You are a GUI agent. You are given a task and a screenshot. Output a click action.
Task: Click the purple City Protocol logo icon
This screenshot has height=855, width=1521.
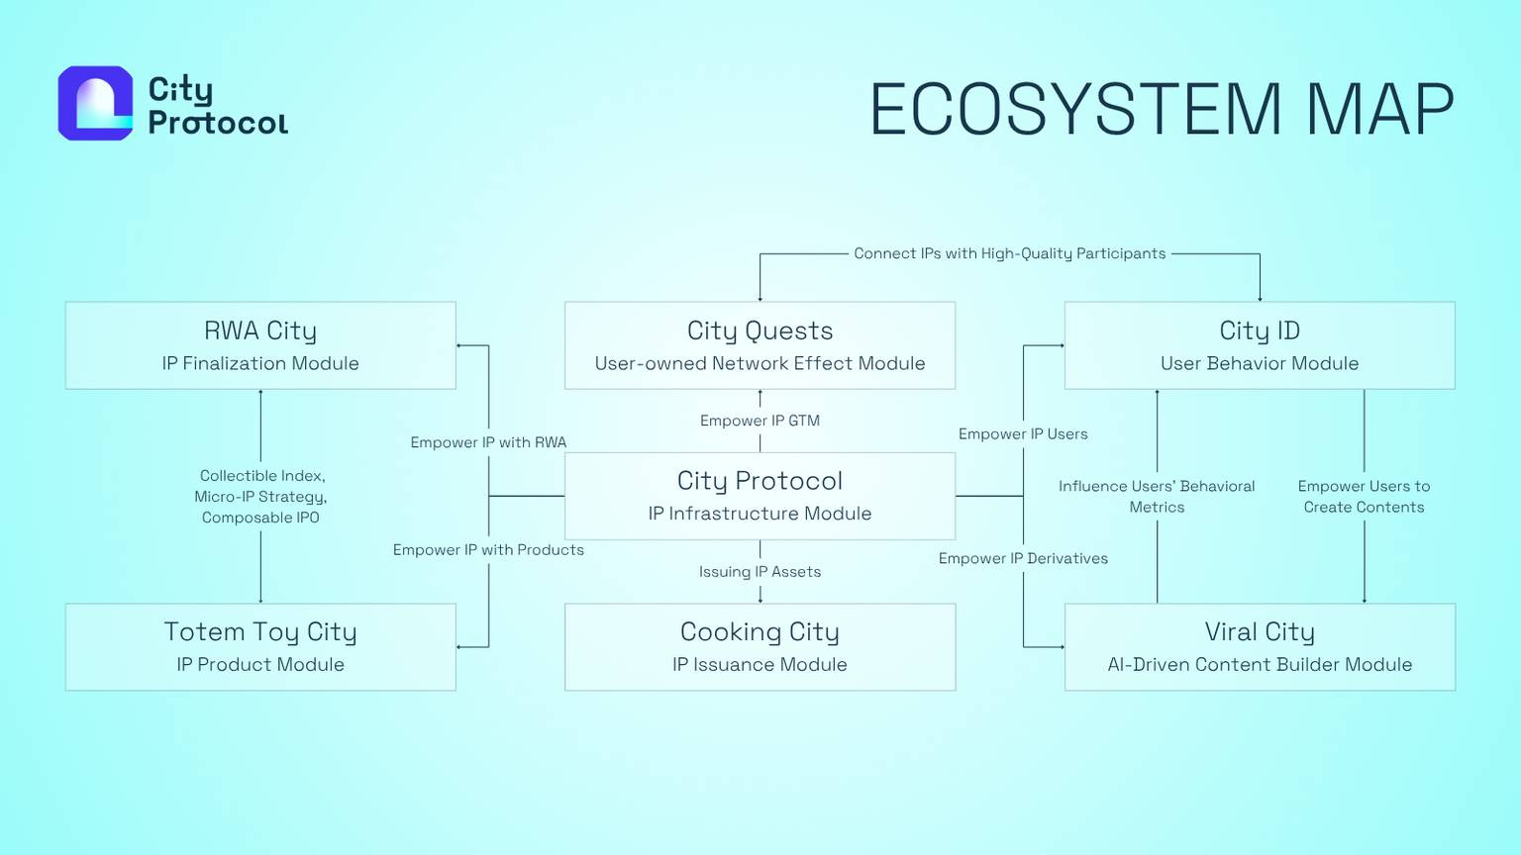tap(95, 103)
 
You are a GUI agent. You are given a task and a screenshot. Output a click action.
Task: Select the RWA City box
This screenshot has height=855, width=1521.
tap(260, 345)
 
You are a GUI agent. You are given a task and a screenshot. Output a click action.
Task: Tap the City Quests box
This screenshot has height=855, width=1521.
tap(760, 345)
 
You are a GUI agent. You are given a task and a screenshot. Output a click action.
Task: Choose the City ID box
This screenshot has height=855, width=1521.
tap(1259, 345)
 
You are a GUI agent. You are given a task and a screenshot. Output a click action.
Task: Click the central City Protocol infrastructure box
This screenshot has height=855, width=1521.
tap(760, 496)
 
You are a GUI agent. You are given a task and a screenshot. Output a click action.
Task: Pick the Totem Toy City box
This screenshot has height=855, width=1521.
tap(260, 646)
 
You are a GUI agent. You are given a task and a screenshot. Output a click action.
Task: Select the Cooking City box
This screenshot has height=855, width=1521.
tap(760, 646)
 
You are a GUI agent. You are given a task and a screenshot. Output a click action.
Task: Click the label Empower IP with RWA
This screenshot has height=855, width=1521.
tap(488, 442)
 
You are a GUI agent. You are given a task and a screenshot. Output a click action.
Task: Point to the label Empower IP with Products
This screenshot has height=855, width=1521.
tap(488, 550)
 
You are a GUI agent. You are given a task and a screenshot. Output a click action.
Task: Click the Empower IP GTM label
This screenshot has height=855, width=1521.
tap(760, 421)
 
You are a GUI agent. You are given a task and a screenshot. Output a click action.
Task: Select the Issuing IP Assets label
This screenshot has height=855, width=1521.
tap(760, 572)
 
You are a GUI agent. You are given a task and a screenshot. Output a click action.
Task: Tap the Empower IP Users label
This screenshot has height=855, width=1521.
tap(1023, 434)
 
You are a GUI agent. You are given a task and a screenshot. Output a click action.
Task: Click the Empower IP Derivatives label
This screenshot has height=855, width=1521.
tap(1023, 559)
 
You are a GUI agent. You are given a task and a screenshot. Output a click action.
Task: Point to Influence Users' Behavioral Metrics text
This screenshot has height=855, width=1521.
tap(1157, 496)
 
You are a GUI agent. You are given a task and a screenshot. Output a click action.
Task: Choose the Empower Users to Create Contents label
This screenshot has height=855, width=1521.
tap(1364, 496)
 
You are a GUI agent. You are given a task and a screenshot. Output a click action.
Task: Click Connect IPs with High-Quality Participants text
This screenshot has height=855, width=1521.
tap(1009, 253)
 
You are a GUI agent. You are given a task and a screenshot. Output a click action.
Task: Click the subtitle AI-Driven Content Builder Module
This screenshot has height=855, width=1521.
tap(1259, 665)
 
